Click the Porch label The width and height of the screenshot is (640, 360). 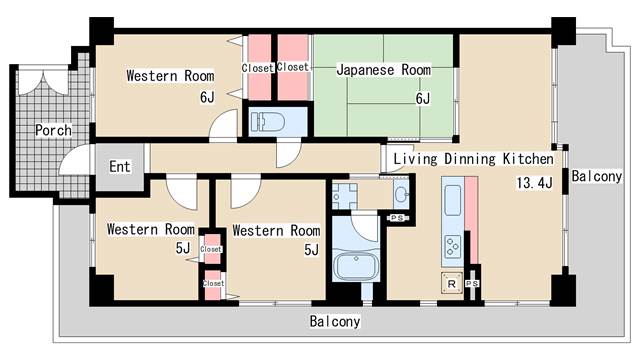click(x=52, y=130)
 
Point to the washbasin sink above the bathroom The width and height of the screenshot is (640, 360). click(x=401, y=194)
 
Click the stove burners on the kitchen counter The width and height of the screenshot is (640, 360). click(x=451, y=246)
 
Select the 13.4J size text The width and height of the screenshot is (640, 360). click(x=535, y=183)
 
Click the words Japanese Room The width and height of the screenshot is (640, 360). click(x=384, y=70)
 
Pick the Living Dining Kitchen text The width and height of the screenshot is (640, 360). click(x=473, y=159)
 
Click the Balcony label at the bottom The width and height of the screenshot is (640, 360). click(x=334, y=322)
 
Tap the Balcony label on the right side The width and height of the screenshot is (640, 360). click(x=597, y=177)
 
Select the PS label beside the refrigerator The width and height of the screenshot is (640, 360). click(x=472, y=284)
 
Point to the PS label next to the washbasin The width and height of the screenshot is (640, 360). click(x=397, y=218)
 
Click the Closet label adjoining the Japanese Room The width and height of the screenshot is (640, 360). click(x=293, y=67)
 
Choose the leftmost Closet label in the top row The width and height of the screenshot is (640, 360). click(x=258, y=68)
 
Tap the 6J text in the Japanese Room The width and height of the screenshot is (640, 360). click(x=422, y=98)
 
